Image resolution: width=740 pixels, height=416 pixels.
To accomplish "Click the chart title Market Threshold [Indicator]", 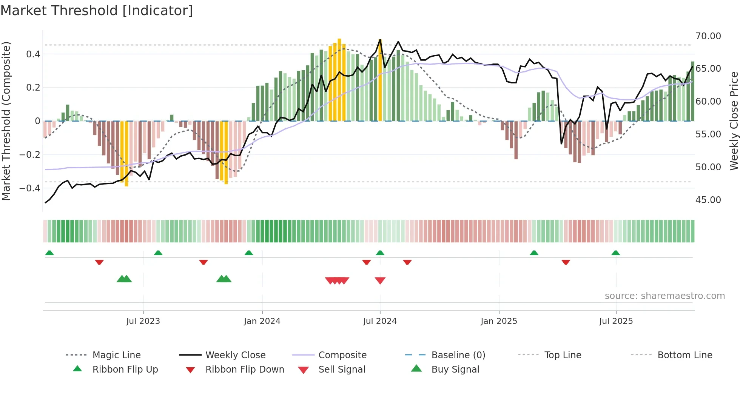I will click(x=97, y=11).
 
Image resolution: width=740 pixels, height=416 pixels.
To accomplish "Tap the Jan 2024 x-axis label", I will click(x=262, y=321).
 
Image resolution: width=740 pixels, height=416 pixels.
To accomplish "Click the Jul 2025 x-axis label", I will click(x=616, y=321).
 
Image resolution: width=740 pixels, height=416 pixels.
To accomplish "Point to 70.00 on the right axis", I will click(x=708, y=36).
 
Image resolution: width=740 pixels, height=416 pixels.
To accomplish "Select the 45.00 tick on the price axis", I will click(x=708, y=200).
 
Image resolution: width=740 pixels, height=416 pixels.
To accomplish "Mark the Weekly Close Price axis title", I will click(x=734, y=121).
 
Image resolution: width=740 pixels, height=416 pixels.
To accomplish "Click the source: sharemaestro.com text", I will click(x=664, y=296).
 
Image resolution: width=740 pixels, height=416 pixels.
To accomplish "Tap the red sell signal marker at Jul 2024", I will click(x=380, y=280).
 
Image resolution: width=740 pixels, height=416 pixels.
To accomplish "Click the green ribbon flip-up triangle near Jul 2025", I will click(x=615, y=253).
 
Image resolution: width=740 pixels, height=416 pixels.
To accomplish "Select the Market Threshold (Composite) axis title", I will click(x=6, y=121).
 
